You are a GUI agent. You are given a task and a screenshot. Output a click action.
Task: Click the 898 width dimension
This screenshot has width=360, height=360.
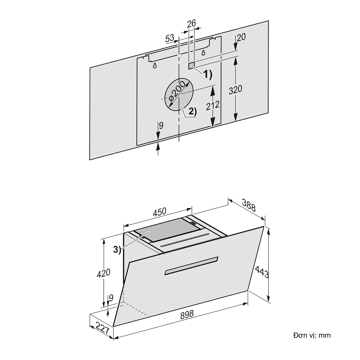[187, 314]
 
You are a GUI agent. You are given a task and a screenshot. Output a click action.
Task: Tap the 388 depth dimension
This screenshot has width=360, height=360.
[248, 206]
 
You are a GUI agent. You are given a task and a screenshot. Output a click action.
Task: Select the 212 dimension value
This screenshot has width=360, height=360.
[213, 106]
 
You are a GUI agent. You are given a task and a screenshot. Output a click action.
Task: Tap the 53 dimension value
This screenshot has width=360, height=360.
[170, 38]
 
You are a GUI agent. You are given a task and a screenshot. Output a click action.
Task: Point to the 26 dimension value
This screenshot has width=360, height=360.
[191, 23]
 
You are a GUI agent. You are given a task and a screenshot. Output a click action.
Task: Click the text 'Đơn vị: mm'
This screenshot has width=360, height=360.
[312, 335]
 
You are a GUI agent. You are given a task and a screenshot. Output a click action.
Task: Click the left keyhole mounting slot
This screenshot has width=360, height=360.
[154, 66]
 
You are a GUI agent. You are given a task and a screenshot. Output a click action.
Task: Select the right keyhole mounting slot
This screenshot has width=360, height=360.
[203, 53]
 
